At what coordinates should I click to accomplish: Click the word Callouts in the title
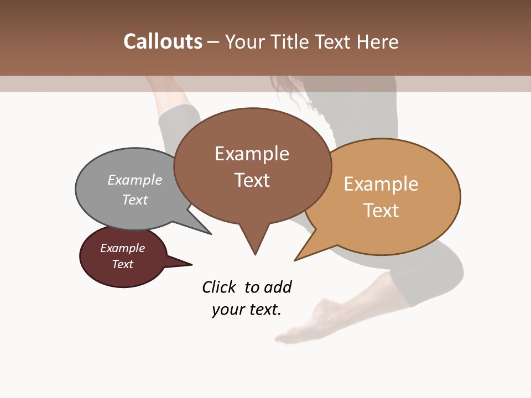[x=163, y=41]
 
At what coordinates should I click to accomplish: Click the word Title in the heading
[x=291, y=41]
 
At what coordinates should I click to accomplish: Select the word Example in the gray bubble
[x=135, y=180]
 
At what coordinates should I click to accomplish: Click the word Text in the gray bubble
[x=135, y=200]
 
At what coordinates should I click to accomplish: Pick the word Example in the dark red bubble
[x=123, y=248]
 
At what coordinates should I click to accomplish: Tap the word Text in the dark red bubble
[x=123, y=264]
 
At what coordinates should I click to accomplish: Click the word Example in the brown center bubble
[x=252, y=154]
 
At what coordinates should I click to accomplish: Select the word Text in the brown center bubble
[x=252, y=180]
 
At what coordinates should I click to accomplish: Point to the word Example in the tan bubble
[x=381, y=184]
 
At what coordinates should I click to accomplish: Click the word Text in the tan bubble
[x=381, y=211]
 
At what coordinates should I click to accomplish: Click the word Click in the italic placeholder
[x=220, y=287]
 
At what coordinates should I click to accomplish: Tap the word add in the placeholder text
[x=278, y=287]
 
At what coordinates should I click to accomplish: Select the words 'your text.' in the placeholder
[x=247, y=310]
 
